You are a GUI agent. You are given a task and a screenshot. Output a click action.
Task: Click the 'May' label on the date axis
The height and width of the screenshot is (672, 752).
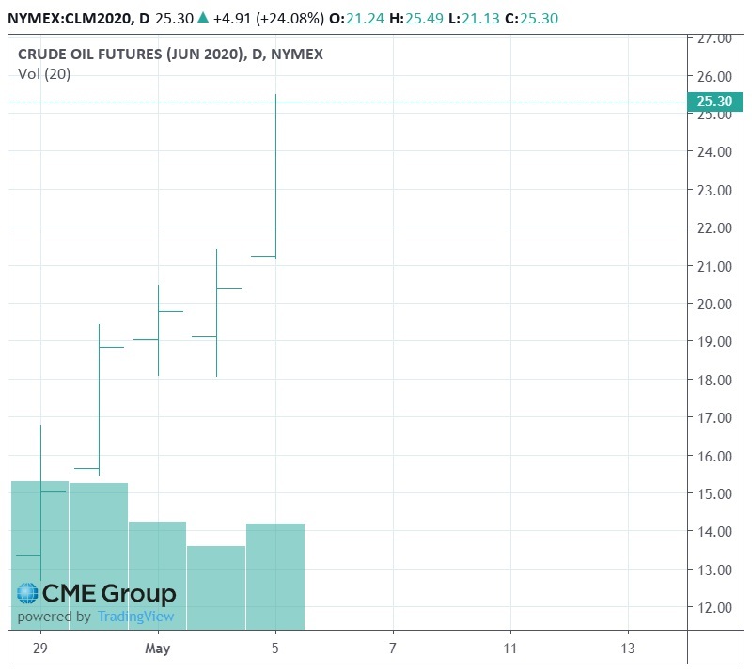pyautogui.click(x=158, y=649)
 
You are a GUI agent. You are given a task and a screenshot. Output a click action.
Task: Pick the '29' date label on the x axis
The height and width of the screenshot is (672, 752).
pyautogui.click(x=39, y=649)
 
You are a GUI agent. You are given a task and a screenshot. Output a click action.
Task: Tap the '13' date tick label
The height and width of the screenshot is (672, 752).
pyautogui.click(x=628, y=649)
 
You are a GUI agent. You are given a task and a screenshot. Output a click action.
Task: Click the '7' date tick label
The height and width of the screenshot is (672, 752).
pyautogui.click(x=393, y=649)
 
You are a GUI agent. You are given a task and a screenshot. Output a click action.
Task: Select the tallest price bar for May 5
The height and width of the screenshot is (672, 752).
pyautogui.click(x=275, y=179)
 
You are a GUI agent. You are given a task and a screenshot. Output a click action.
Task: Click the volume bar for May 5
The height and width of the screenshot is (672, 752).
pyautogui.click(x=275, y=575)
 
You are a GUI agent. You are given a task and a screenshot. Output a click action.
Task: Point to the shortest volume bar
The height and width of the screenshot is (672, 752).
pyautogui.click(x=216, y=587)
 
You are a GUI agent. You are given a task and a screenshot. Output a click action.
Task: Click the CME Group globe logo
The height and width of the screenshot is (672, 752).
pyautogui.click(x=27, y=594)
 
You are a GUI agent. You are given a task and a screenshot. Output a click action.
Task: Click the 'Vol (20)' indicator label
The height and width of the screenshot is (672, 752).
pyautogui.click(x=44, y=74)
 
